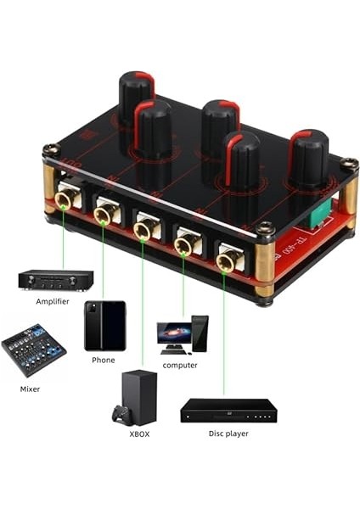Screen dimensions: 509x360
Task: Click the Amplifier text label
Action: pyautogui.click(x=53, y=301)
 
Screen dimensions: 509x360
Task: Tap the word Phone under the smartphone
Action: pyautogui.click(x=103, y=360)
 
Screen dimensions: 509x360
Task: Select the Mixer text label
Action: pyautogui.click(x=30, y=389)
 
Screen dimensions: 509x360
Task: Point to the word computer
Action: pyautogui.click(x=180, y=366)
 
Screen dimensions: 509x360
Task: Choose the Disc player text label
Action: pyautogui.click(x=228, y=433)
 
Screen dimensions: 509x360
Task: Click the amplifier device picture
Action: pyautogui.click(x=55, y=280)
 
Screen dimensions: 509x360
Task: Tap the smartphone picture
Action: pyautogui.click(x=104, y=326)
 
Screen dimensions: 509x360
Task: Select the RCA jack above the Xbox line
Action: pyautogui.click(x=144, y=230)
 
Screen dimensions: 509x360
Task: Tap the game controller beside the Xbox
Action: pyautogui.click(x=120, y=416)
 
